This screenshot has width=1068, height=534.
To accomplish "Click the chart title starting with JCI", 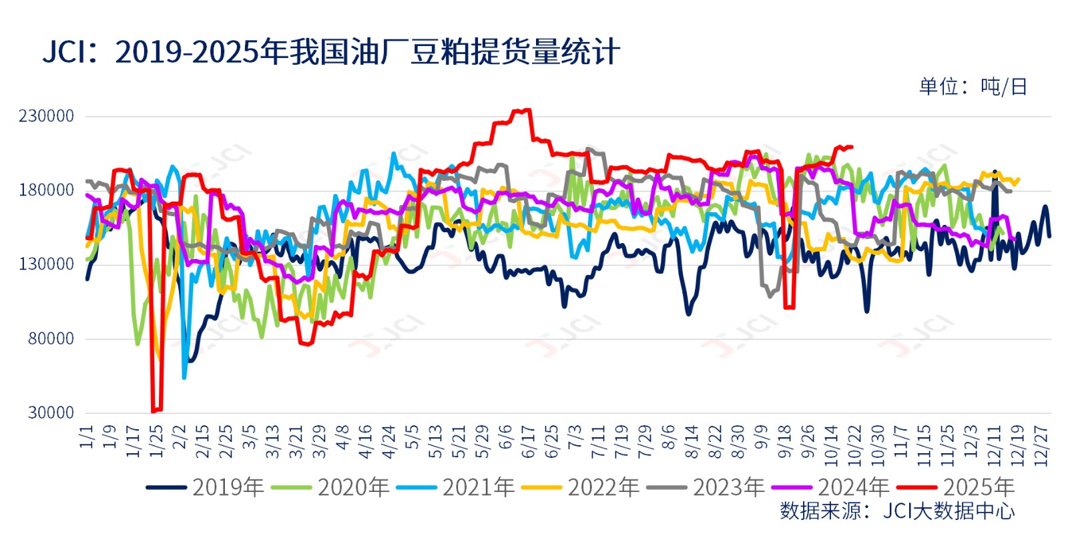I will click(x=331, y=52).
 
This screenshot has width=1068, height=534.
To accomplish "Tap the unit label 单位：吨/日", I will click(x=973, y=87).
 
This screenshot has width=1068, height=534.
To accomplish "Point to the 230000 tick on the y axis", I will click(x=46, y=116).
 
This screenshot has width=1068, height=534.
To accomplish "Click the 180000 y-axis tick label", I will click(x=46, y=190).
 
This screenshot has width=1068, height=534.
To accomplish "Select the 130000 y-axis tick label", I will click(x=46, y=264).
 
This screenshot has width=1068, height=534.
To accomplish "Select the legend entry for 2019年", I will click(x=206, y=487).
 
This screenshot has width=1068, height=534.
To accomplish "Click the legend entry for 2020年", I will click(x=331, y=487).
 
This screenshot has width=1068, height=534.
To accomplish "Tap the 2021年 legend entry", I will click(x=456, y=487).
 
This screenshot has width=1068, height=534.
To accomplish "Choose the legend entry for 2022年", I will click(x=581, y=487).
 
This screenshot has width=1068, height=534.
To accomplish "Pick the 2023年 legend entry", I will click(x=706, y=487).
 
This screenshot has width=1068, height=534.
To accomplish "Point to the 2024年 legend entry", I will click(x=831, y=487).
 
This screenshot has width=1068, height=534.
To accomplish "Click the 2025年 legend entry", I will click(x=956, y=487).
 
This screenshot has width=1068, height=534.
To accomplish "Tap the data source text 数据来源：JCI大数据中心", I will click(x=897, y=511).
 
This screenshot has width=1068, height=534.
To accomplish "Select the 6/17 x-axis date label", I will click(x=529, y=441).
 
